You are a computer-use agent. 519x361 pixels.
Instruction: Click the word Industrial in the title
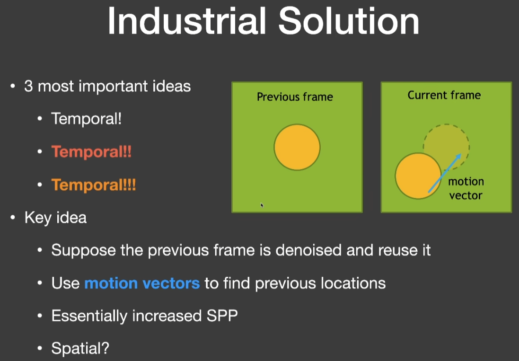click(x=187, y=21)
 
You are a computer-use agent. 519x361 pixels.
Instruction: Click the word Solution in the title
click(x=349, y=21)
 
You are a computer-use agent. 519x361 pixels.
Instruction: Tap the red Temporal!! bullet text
click(x=91, y=152)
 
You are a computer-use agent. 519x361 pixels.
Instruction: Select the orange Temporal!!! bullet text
click(x=94, y=185)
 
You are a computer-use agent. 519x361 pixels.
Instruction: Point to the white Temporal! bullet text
click(x=87, y=119)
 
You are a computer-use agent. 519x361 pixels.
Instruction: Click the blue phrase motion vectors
click(x=142, y=283)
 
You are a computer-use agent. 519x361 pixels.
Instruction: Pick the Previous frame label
click(x=295, y=97)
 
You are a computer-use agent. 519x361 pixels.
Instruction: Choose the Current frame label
click(x=444, y=95)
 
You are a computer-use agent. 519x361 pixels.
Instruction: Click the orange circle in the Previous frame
click(x=297, y=147)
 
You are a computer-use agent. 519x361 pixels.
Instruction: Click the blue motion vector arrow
click(x=445, y=173)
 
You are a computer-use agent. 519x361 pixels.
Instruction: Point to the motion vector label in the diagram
click(x=466, y=188)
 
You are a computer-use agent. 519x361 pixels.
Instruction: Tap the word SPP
click(x=222, y=316)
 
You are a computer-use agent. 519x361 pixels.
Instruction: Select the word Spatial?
click(x=80, y=348)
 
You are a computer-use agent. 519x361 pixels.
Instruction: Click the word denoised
click(x=308, y=250)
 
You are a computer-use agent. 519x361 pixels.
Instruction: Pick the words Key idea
click(x=56, y=218)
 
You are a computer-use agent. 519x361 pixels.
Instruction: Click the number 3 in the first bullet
click(x=28, y=87)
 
